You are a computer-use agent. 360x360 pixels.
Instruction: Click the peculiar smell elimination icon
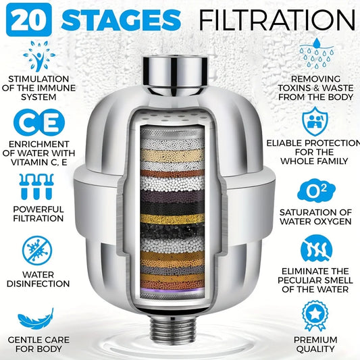(x=315, y=249)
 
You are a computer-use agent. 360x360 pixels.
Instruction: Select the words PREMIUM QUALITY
(x=315, y=344)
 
